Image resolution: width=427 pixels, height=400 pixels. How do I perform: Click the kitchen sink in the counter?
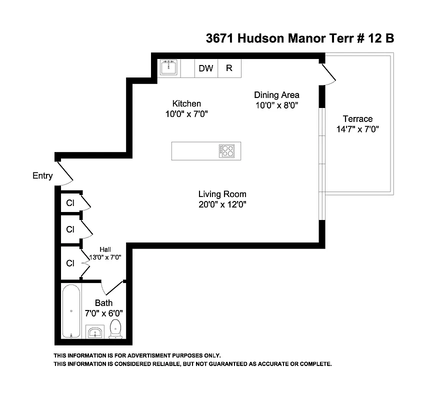pyautogui.click(x=169, y=67)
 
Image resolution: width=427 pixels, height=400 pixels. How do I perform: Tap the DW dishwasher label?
pyautogui.click(x=205, y=68)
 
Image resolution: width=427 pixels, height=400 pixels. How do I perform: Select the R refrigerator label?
pyautogui.click(x=229, y=68)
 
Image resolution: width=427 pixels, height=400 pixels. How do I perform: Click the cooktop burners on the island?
pyautogui.click(x=226, y=150)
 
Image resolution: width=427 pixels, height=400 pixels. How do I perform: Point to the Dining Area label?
pyautogui.click(x=276, y=95)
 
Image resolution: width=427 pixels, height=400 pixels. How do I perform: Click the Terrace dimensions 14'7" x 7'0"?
pyautogui.click(x=357, y=129)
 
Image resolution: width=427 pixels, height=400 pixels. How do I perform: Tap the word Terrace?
pyautogui.click(x=357, y=119)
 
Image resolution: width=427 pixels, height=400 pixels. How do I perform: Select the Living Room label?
pyautogui.click(x=222, y=194)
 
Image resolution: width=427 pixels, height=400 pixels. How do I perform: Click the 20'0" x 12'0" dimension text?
pyautogui.click(x=222, y=204)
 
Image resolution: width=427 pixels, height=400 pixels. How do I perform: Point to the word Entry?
pyautogui.click(x=42, y=175)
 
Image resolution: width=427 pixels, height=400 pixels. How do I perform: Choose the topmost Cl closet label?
pyautogui.click(x=70, y=203)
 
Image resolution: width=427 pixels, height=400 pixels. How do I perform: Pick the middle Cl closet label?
pyautogui.click(x=70, y=229)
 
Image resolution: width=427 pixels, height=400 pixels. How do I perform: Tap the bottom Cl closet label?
pyautogui.click(x=70, y=263)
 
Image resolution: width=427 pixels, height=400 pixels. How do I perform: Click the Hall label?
pyautogui.click(x=105, y=249)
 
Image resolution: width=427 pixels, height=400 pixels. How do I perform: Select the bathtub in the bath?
pyautogui.click(x=71, y=311)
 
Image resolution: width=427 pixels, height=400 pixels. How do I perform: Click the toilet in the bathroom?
pyautogui.click(x=115, y=328)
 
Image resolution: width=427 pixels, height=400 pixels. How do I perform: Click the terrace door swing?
pyautogui.click(x=328, y=73)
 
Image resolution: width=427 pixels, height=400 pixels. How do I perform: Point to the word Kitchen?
pyautogui.click(x=186, y=103)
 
